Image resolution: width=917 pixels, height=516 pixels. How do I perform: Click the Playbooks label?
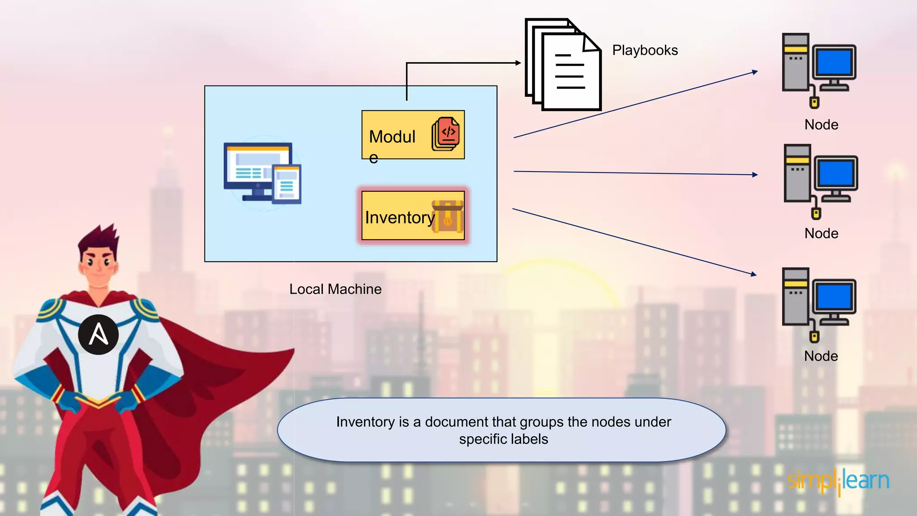tap(645, 50)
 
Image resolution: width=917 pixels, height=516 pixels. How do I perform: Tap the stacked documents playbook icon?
tap(563, 65)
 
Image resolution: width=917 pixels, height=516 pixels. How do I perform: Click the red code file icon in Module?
tap(446, 134)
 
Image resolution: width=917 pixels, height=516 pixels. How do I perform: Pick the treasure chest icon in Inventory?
tap(447, 216)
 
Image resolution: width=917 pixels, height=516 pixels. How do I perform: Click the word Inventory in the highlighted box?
tap(399, 218)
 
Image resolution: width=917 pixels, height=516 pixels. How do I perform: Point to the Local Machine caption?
tap(335, 289)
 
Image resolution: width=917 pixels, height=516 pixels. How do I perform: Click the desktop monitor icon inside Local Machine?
tap(262, 173)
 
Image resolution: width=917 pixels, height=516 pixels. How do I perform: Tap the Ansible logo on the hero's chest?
tap(99, 334)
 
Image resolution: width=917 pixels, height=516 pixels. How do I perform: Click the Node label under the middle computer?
tap(821, 233)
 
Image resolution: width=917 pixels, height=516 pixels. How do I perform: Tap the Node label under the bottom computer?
tap(821, 356)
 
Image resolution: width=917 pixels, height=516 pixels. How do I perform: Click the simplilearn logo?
tap(838, 481)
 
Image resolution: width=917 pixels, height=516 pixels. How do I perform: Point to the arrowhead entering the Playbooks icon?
tap(518, 63)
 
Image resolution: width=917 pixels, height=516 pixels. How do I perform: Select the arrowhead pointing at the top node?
tap(755, 72)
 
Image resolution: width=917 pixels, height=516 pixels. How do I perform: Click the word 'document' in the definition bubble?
tap(456, 422)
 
